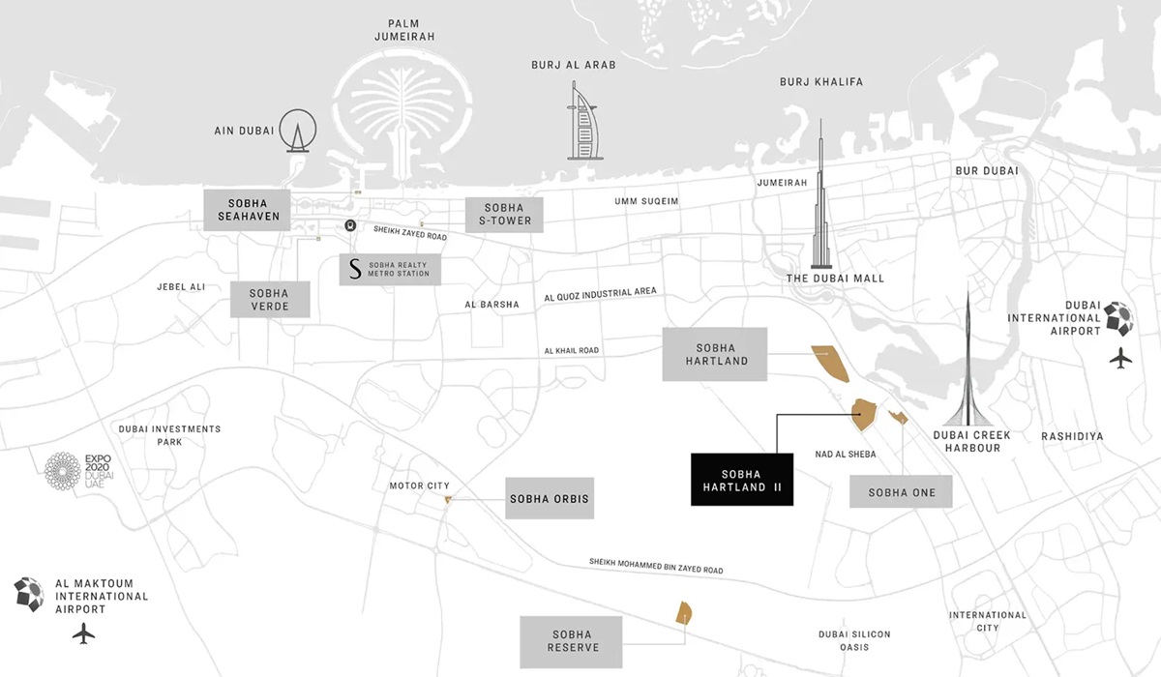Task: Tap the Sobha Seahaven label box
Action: pos(253,210)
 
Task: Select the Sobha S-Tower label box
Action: pos(504,214)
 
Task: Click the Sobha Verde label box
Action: pos(271,300)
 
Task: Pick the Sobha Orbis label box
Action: pos(550,500)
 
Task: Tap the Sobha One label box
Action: pos(902,492)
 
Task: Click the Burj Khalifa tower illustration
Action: pos(821,198)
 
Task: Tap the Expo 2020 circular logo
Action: pos(65,471)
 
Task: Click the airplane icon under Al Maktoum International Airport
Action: pos(84,633)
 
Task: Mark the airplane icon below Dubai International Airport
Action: pos(1121,358)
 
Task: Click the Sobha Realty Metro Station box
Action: pos(391,270)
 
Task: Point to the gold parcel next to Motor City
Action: pos(448,500)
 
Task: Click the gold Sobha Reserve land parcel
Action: pos(683,613)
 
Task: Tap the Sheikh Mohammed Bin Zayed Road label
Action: pos(656,566)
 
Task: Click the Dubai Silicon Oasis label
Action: pos(853,641)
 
